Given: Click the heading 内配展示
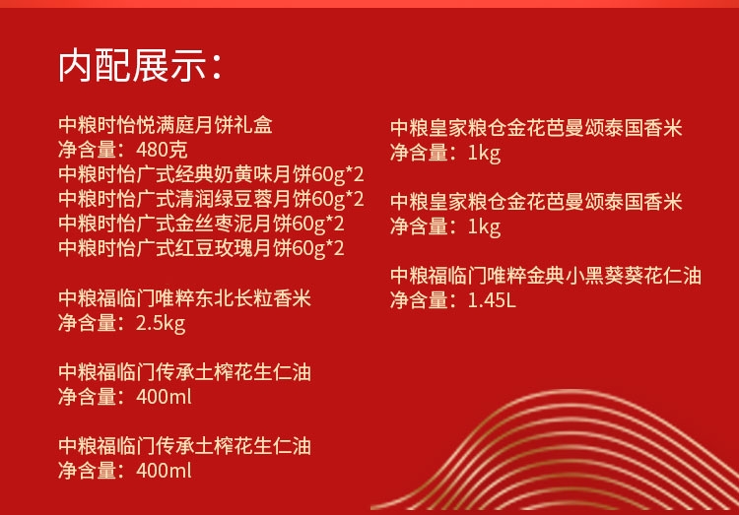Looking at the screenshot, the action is [x=132, y=65].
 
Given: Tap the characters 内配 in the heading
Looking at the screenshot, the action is [x=95, y=65].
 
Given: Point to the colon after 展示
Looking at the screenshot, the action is [x=217, y=67].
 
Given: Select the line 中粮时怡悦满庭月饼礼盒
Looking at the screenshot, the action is [x=166, y=125].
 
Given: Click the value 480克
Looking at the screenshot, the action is [x=162, y=150].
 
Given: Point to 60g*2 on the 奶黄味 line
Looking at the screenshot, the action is [x=338, y=175].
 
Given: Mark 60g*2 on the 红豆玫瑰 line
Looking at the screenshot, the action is [x=318, y=248].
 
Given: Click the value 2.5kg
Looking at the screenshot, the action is [x=161, y=324].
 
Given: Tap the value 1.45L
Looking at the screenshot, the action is [x=492, y=300].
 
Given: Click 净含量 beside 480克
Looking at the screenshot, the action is [x=87, y=150].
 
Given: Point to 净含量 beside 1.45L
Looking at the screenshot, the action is [x=419, y=300].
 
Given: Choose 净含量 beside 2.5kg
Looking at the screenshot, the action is [x=87, y=323].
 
